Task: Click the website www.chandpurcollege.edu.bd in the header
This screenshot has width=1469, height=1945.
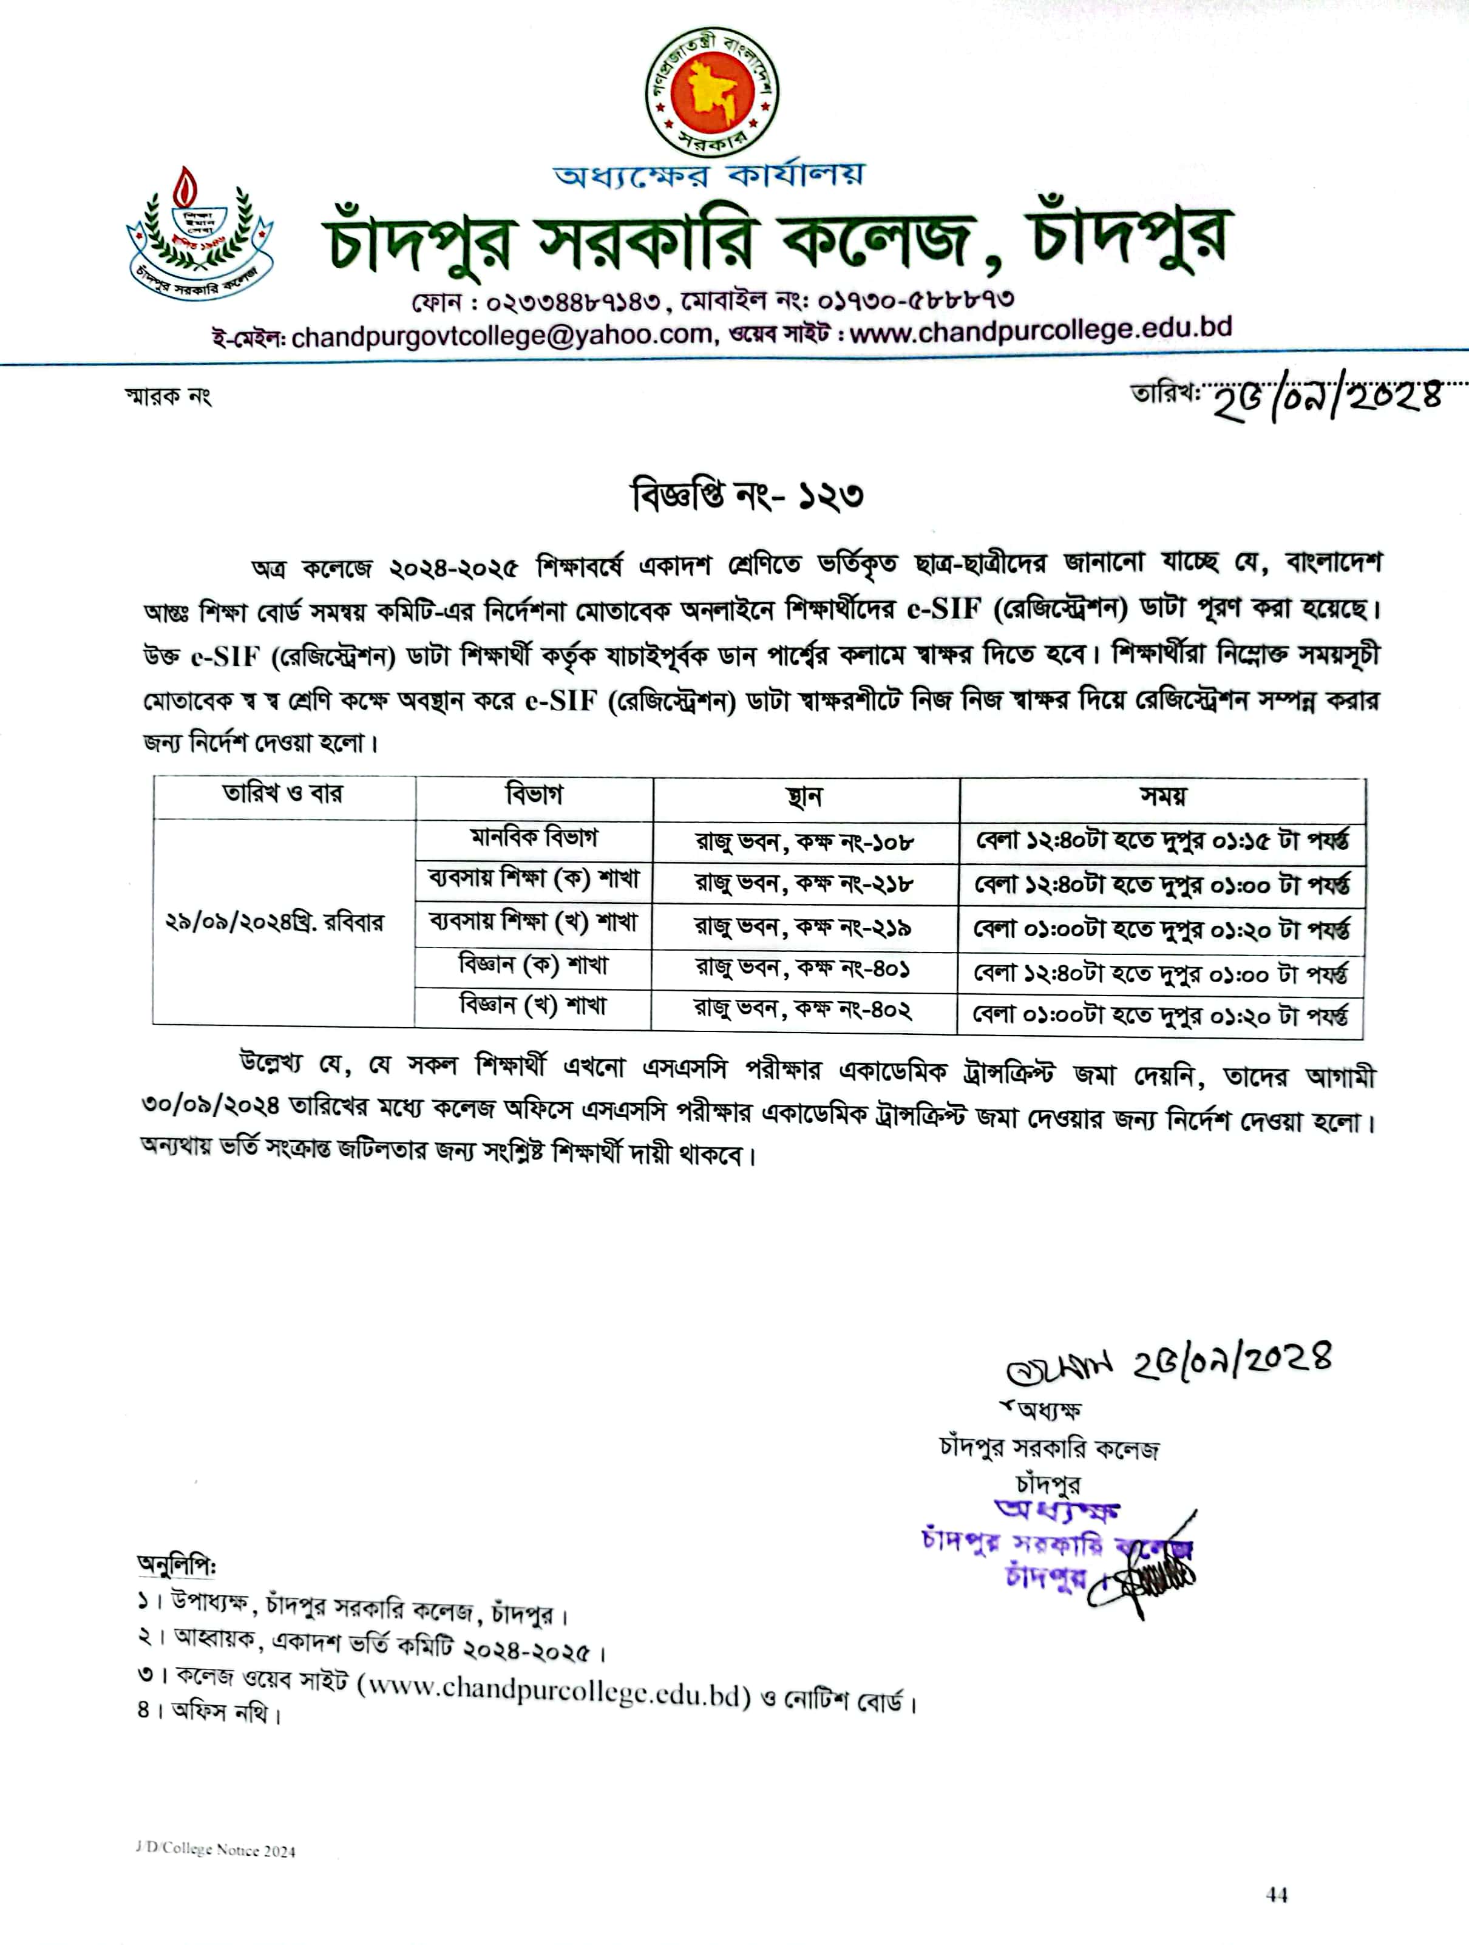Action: tap(1040, 331)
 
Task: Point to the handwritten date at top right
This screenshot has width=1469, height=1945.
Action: tap(1328, 400)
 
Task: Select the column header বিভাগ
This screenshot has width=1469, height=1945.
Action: tap(534, 796)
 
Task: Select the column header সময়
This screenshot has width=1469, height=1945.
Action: tap(1162, 798)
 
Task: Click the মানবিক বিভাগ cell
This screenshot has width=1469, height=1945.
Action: tap(534, 838)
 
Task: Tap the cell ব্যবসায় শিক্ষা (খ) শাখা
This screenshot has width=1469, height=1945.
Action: tap(534, 922)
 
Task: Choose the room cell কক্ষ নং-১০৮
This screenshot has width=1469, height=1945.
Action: tap(804, 843)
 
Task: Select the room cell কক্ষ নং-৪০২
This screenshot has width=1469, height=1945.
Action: tap(802, 1010)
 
